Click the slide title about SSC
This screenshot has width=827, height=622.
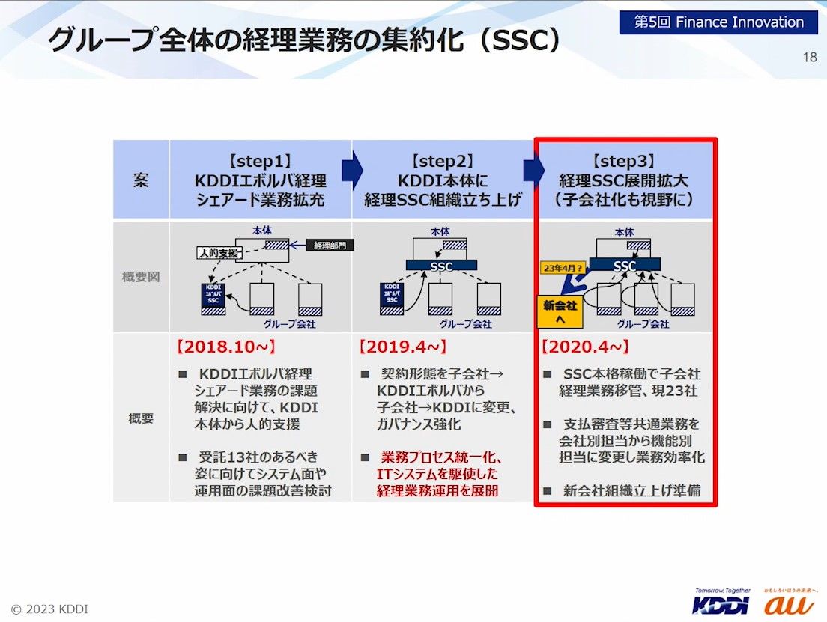303,40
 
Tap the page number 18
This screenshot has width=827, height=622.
809,58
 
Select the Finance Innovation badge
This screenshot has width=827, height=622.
718,22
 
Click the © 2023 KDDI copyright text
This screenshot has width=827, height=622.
49,609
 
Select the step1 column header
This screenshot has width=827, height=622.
260,180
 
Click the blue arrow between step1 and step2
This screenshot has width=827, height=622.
352,171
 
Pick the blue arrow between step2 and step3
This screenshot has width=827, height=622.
534,171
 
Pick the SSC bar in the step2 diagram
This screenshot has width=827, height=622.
442,265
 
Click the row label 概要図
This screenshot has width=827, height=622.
141,277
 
